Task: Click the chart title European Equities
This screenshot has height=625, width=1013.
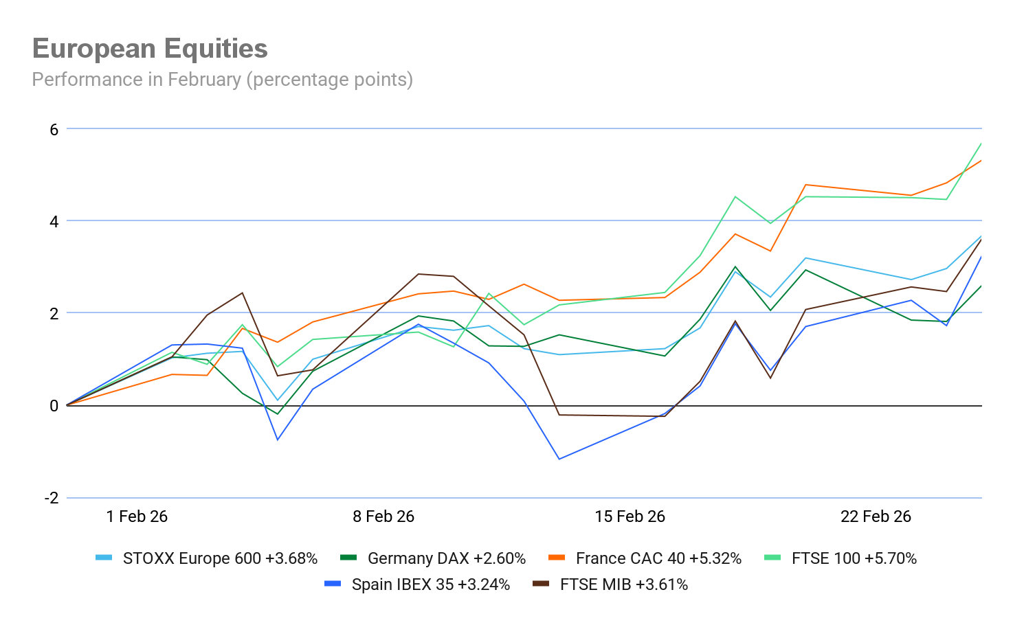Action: click(x=150, y=49)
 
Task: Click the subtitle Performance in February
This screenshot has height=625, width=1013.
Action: click(x=222, y=80)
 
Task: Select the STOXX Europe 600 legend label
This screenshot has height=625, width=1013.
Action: click(x=220, y=558)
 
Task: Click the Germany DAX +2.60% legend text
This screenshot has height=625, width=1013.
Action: click(x=447, y=558)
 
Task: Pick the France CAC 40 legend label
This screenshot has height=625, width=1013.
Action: click(x=658, y=558)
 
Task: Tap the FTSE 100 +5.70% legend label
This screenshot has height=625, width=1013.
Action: click(x=854, y=558)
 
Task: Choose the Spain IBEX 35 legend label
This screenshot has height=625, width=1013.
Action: click(x=431, y=584)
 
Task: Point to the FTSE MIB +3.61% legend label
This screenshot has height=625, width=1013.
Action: click(x=624, y=584)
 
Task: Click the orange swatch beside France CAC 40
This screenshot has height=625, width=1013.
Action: click(x=557, y=558)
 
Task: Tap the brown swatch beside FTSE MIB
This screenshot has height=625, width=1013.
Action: click(x=542, y=584)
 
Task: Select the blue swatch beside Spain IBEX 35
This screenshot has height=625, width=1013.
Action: click(x=333, y=584)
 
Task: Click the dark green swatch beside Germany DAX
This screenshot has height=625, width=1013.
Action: click(x=348, y=558)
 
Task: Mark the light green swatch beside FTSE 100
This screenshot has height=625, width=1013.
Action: click(x=772, y=558)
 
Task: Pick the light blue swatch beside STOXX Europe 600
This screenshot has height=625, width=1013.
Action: click(x=104, y=558)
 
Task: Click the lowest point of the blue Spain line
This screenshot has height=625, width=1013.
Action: click(x=559, y=459)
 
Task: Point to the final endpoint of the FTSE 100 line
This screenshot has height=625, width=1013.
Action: click(x=981, y=143)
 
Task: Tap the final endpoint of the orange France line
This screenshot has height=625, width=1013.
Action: click(x=981, y=160)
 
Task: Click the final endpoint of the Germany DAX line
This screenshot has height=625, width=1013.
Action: click(x=981, y=285)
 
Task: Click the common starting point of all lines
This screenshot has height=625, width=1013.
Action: click(x=67, y=405)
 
